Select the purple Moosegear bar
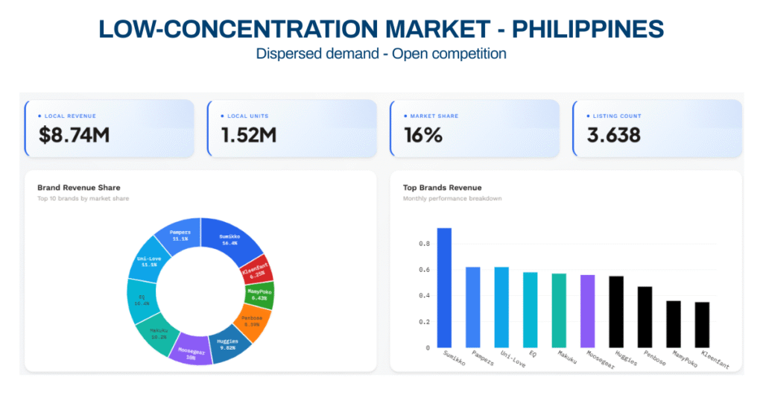click(x=587, y=311)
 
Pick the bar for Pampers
click(x=473, y=307)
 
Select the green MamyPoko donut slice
click(x=261, y=295)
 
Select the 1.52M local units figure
click(x=249, y=135)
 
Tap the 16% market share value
click(x=423, y=135)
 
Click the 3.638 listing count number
click(x=613, y=135)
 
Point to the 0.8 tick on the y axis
click(x=423, y=244)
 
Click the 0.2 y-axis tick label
click(x=423, y=322)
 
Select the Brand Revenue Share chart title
click(x=78, y=187)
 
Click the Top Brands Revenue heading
click(x=443, y=187)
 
